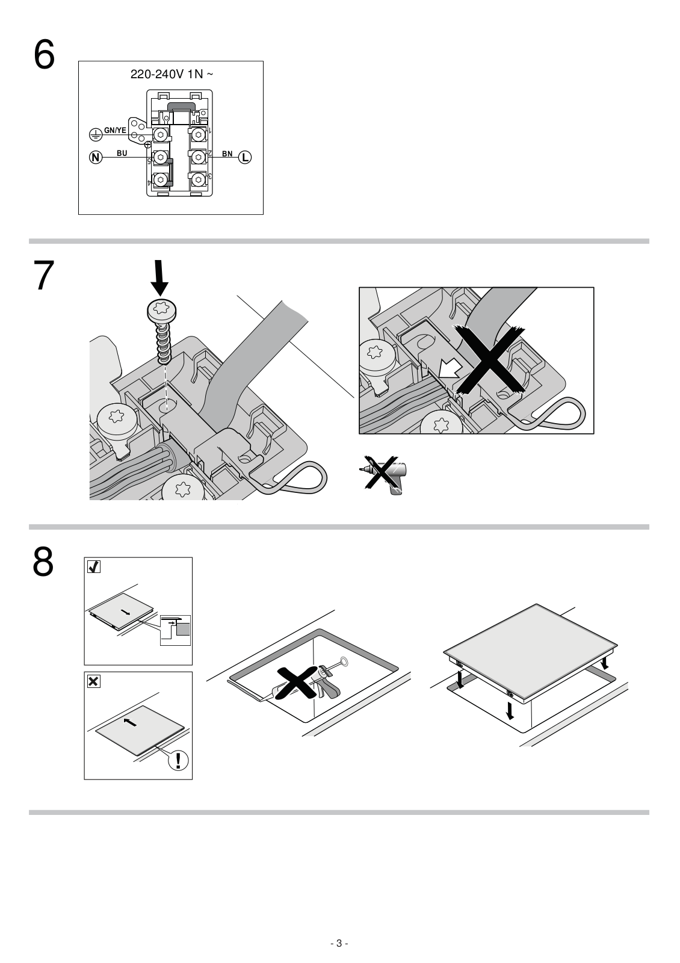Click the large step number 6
[x=45, y=54]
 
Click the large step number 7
[x=44, y=275]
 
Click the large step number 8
[x=43, y=562]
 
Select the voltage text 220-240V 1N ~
[x=172, y=75]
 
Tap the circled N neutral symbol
[x=96, y=157]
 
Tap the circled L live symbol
[x=245, y=157]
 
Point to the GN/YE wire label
[x=115, y=130]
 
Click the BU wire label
[x=122, y=153]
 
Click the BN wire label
[x=227, y=153]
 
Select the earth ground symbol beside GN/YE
[x=95, y=135]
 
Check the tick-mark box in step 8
[x=94, y=567]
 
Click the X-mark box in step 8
[x=94, y=681]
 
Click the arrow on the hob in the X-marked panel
[x=130, y=722]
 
